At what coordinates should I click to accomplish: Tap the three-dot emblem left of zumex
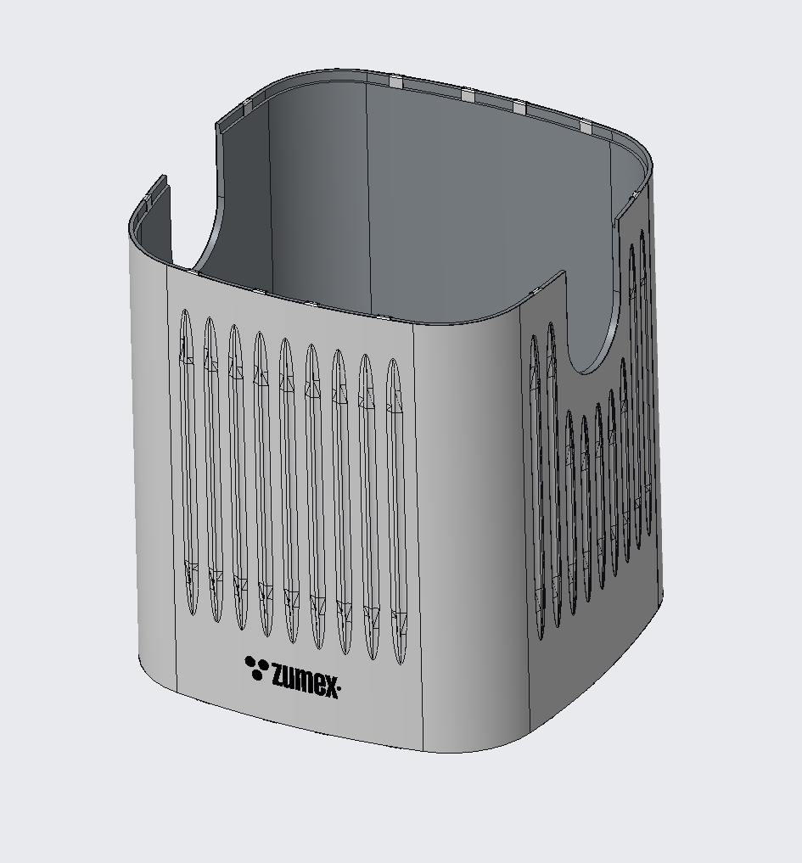(x=256, y=667)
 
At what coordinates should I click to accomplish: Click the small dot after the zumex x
(x=339, y=688)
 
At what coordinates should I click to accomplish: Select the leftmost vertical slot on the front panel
(x=188, y=462)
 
